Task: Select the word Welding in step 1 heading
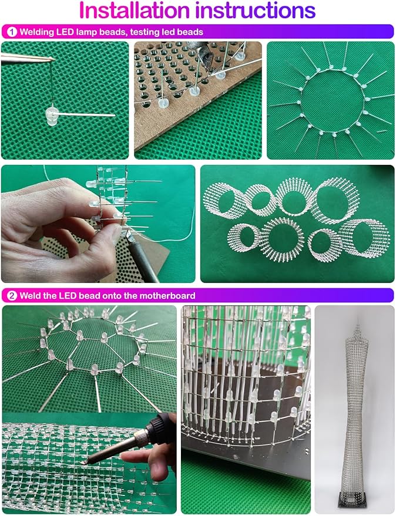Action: click(x=37, y=32)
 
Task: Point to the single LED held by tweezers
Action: click(x=51, y=115)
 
